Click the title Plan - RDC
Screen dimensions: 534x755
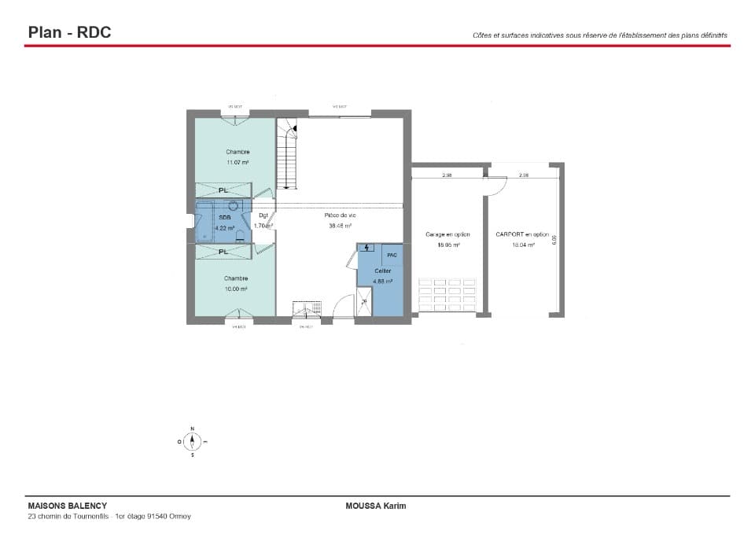pyautogui.click(x=69, y=32)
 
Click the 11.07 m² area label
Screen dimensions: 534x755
pyautogui.click(x=238, y=162)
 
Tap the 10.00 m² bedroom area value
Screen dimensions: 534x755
pyautogui.click(x=235, y=289)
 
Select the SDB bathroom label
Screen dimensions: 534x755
pyautogui.click(x=224, y=217)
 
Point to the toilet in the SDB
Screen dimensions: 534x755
pyautogui.click(x=240, y=235)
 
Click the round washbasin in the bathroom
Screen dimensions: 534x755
pyautogui.click(x=234, y=206)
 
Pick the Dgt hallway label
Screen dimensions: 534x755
pyautogui.click(x=263, y=215)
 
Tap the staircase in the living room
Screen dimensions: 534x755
pyautogui.click(x=287, y=157)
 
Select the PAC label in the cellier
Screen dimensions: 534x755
pyautogui.click(x=392, y=255)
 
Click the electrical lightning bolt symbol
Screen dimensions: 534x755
pyautogui.click(x=366, y=249)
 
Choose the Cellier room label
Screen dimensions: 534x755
pyautogui.click(x=383, y=271)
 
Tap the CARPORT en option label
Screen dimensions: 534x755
pyautogui.click(x=522, y=234)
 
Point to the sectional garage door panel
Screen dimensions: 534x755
pyautogui.click(x=447, y=294)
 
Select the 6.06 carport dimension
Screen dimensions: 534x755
pyautogui.click(x=554, y=239)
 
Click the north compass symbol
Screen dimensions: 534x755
pyautogui.click(x=192, y=442)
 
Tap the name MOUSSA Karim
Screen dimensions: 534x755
pyautogui.click(x=376, y=506)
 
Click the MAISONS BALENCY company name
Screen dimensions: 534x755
pyautogui.click(x=67, y=506)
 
